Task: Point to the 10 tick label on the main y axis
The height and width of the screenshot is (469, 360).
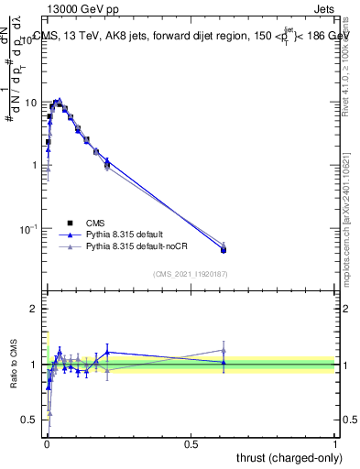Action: pos(30,103)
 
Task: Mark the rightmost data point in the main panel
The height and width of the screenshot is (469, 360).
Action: pos(224,249)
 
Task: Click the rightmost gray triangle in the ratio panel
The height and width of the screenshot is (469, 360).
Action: pos(224,350)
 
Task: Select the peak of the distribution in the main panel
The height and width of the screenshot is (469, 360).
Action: pos(58,102)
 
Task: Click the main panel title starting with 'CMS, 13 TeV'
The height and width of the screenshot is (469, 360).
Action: pos(191,36)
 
